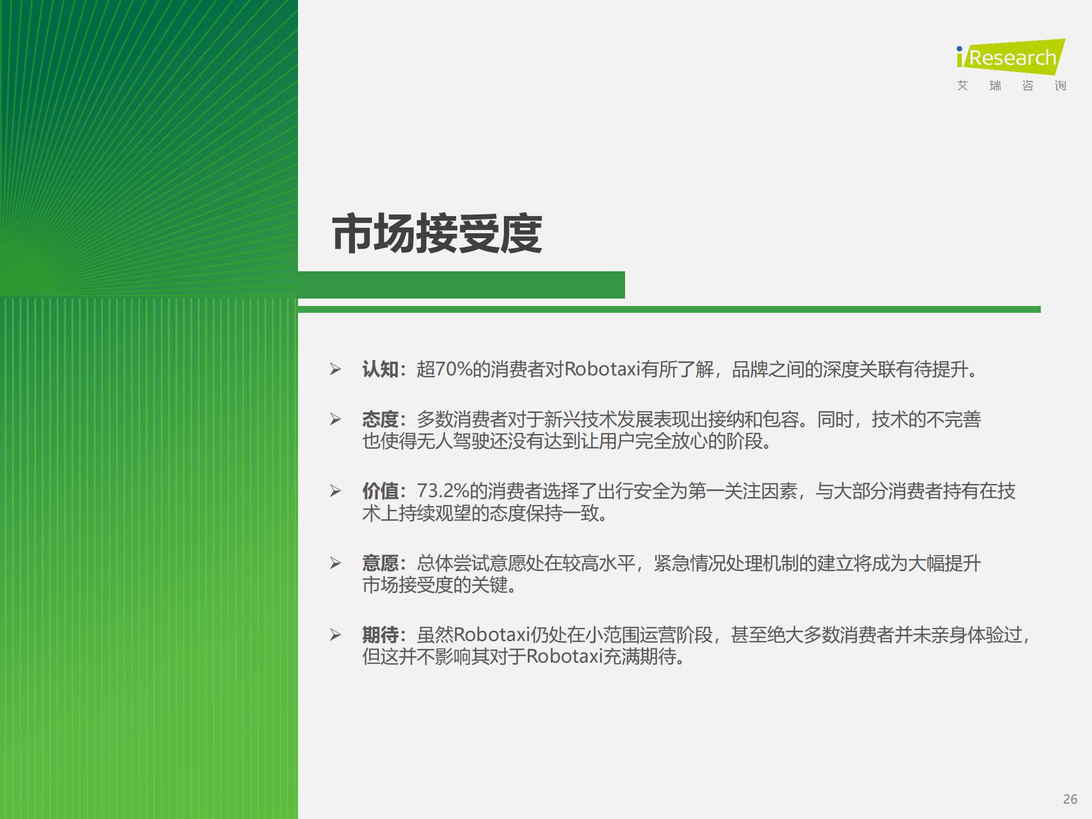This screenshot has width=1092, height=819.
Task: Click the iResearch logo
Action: [1011, 57]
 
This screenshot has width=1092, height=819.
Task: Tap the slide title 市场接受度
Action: [437, 234]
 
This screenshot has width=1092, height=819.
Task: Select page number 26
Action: [1070, 799]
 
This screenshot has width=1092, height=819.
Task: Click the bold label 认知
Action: [380, 370]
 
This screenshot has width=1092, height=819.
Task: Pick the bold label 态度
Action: [380, 420]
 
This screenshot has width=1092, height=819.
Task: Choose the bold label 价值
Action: [380, 491]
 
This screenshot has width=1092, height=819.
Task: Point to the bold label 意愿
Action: [380, 564]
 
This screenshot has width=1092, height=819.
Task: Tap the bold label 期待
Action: [380, 635]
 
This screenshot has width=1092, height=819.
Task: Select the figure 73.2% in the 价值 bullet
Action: [443, 491]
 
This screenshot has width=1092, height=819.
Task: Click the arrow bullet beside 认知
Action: [336, 370]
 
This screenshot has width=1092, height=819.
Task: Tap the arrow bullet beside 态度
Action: [336, 420]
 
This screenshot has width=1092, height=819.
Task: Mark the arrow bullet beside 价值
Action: [336, 491]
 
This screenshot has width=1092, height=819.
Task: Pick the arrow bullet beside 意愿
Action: [336, 564]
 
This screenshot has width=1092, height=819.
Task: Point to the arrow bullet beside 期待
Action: [336, 635]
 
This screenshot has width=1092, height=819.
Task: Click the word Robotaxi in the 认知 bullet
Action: [602, 370]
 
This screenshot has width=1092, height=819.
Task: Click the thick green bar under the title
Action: [461, 285]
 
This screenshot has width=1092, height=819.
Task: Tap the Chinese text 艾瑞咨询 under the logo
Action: [1011, 86]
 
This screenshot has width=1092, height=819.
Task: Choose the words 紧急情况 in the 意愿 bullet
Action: [689, 564]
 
